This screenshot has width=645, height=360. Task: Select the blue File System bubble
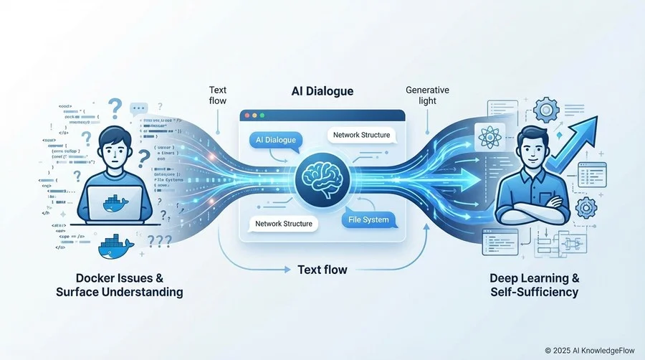tap(365, 219)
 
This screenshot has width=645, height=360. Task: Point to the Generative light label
tap(427, 96)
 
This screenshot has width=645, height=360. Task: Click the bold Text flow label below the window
tap(322, 270)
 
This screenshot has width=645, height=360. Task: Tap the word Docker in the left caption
tap(97, 278)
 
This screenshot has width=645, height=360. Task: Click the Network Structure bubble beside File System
tap(284, 224)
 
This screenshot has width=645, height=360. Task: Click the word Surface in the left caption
tap(78, 292)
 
